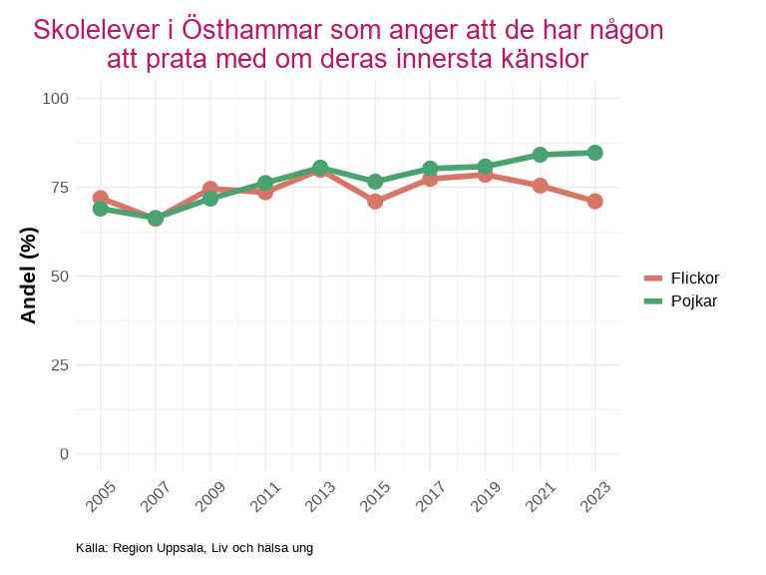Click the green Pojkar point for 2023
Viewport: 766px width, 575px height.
(x=594, y=153)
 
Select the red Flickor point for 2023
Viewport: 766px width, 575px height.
(x=594, y=201)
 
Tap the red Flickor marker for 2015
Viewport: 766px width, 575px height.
(x=375, y=201)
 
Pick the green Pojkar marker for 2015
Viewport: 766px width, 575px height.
(x=375, y=182)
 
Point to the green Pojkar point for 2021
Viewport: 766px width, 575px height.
(x=540, y=155)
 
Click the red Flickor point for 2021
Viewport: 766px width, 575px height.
(x=540, y=185)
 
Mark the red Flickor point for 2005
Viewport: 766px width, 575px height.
(x=101, y=199)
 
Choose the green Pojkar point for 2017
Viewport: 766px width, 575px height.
(x=430, y=169)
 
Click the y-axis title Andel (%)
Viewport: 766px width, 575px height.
(x=29, y=276)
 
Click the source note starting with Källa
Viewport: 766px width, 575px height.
(x=194, y=548)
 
